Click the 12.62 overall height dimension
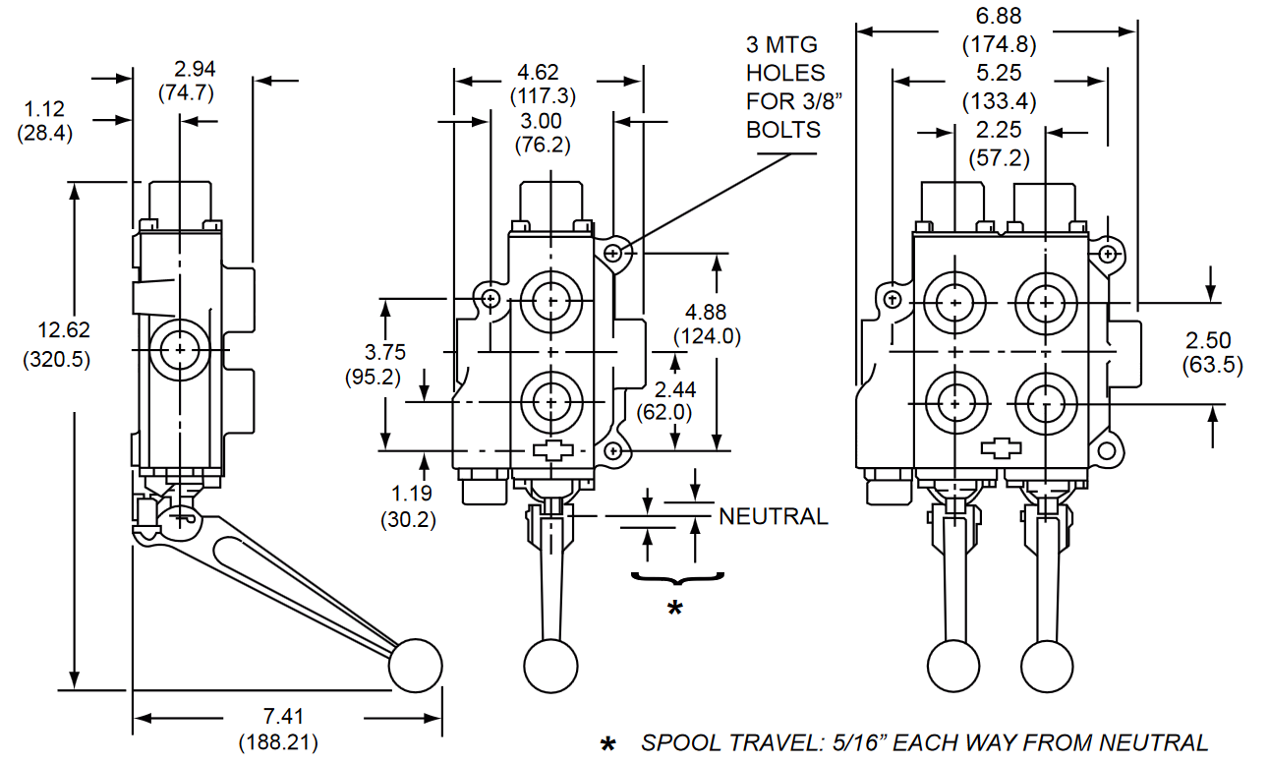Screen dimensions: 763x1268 pos(56,330)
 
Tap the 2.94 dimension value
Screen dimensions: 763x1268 pos(194,69)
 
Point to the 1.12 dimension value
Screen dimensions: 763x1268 pos(44,110)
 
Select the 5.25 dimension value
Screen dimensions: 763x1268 pos(1000,74)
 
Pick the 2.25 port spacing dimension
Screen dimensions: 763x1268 pos(1000,131)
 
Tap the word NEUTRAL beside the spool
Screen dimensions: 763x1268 pos(774,516)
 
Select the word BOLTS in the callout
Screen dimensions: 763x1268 pos(782,130)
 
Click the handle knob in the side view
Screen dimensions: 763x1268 pos(415,666)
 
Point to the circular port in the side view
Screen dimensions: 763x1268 pos(181,348)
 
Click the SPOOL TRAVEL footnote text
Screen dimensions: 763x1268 pos(924,743)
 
